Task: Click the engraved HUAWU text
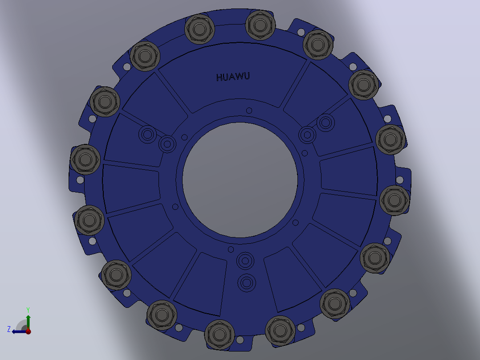[233, 77]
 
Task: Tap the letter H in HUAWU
[219, 78]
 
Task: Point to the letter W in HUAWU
[239, 76]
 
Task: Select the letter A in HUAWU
[232, 77]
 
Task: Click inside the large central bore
[240, 180]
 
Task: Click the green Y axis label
[28, 310]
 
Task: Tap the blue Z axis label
[9, 329]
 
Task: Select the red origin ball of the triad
[28, 331]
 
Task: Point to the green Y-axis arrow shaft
[28, 322]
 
